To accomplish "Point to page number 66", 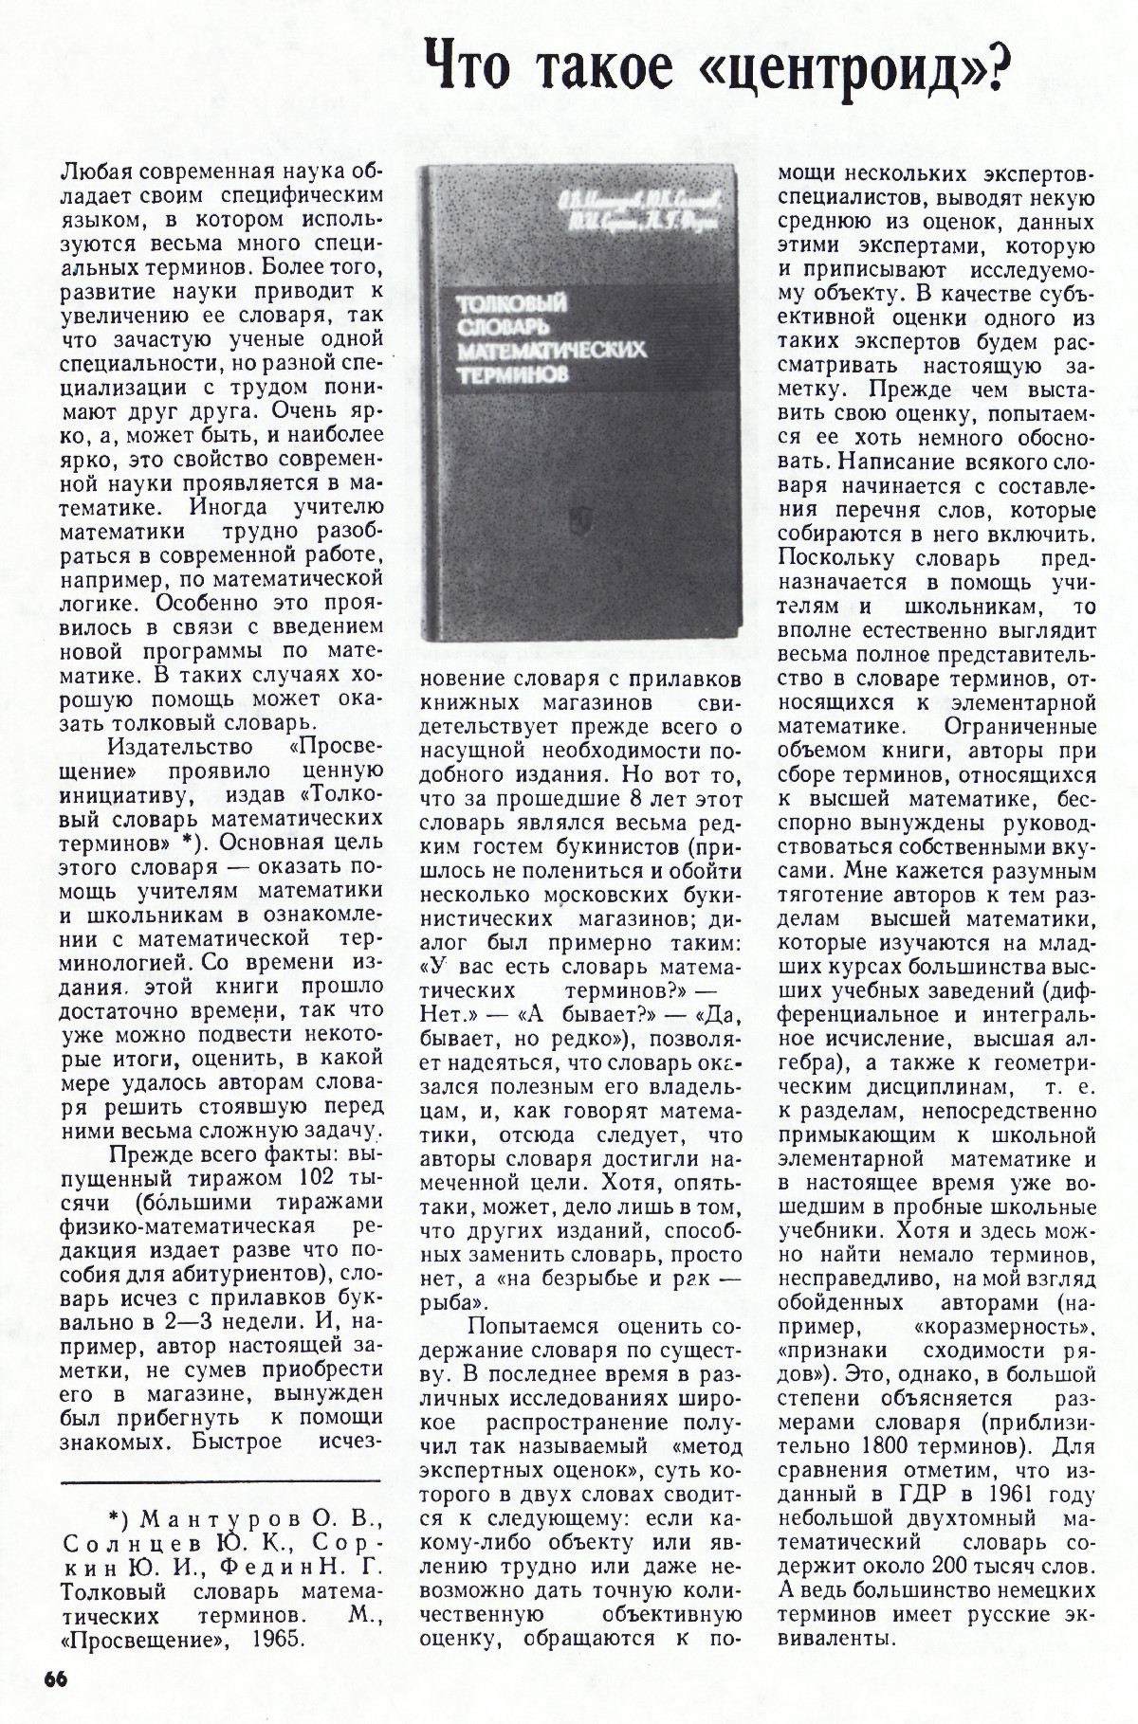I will coord(56,1677).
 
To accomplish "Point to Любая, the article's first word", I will coord(98,172).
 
